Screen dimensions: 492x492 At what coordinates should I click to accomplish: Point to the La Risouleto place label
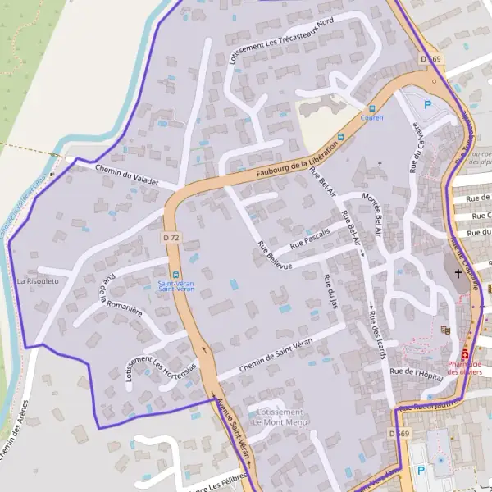pos(38,281)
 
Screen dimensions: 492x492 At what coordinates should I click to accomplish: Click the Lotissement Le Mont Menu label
pos(279,417)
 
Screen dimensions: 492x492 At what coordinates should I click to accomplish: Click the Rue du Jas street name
pos(331,292)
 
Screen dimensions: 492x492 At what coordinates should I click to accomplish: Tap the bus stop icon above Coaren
pos(371,108)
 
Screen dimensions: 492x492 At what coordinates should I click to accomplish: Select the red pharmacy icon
pos(465,353)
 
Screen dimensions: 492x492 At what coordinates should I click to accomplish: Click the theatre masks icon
pos(445,330)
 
